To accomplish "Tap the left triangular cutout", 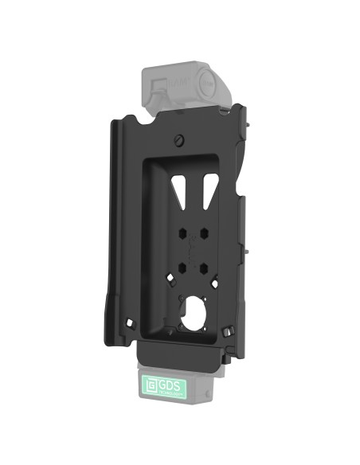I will (177, 188).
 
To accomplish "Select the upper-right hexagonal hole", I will (204, 235).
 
